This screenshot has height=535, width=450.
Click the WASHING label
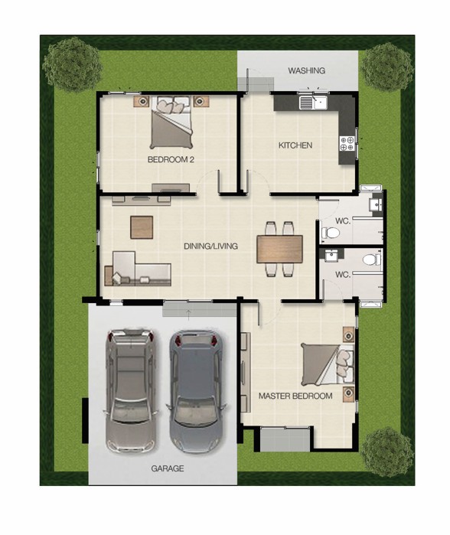306,70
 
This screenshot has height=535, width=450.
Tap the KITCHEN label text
295,145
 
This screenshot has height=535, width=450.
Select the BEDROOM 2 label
171,159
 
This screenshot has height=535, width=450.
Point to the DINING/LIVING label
210,246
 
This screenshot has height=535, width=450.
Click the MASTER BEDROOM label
295,396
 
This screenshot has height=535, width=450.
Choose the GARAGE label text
167,468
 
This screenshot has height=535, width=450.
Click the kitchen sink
313,103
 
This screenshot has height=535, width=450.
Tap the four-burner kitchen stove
347,144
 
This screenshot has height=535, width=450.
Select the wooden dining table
280,249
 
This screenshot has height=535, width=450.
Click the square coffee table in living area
142,227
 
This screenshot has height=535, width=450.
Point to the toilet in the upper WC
331,233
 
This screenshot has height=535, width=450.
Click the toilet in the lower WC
372,259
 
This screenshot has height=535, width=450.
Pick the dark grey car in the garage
196,392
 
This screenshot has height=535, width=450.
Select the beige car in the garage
131,390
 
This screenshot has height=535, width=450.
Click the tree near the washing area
386,67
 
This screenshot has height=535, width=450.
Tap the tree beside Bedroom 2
73,64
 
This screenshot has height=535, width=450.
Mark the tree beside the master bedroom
387,452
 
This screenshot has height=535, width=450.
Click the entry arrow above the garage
188,315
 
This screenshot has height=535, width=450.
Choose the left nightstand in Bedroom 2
142,101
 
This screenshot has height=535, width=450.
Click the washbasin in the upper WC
377,204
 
